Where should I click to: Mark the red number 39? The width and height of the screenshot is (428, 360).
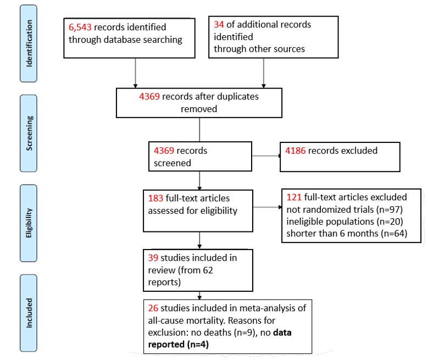point(154,257)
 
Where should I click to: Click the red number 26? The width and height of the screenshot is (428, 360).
point(154,306)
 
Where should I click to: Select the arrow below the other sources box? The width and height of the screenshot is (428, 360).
point(264,71)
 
